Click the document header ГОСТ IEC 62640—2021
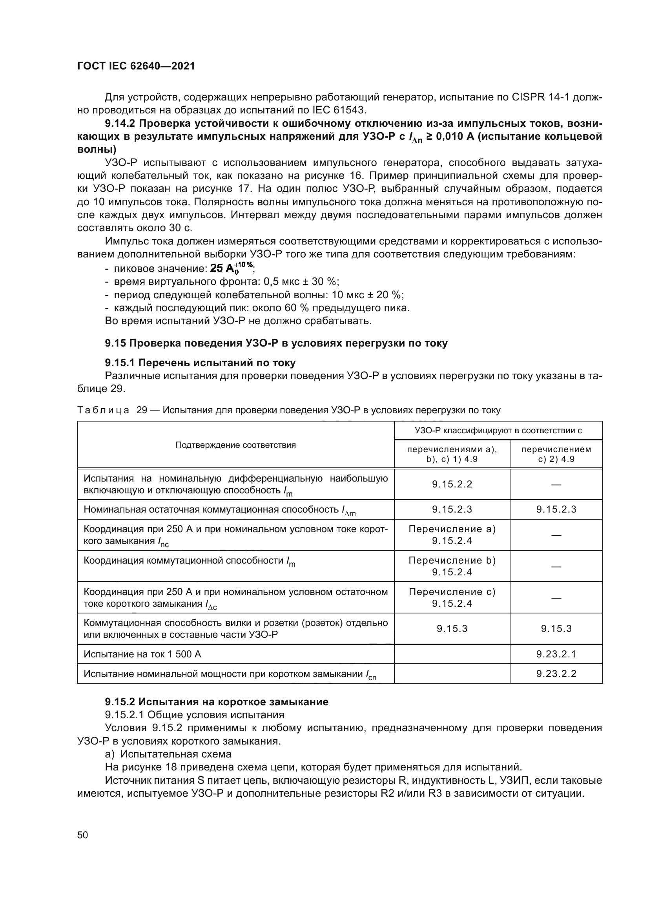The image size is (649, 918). click(136, 66)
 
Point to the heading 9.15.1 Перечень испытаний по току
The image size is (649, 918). click(200, 363)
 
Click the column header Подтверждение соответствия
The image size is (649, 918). click(235, 445)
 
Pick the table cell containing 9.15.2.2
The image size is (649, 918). click(452, 484)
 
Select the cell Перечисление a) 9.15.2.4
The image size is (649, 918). click(452, 535)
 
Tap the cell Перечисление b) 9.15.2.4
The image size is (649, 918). click(452, 566)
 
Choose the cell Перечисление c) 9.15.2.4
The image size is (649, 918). click(452, 597)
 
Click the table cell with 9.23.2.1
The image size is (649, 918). click(556, 654)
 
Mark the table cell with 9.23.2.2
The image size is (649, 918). click(556, 674)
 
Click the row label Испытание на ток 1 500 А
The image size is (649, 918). click(142, 654)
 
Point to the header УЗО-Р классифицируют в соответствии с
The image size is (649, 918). click(498, 431)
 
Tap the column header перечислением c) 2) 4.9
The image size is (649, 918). click(556, 454)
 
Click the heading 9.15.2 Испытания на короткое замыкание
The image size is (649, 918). click(217, 702)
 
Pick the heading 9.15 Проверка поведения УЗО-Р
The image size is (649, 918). click(276, 343)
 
